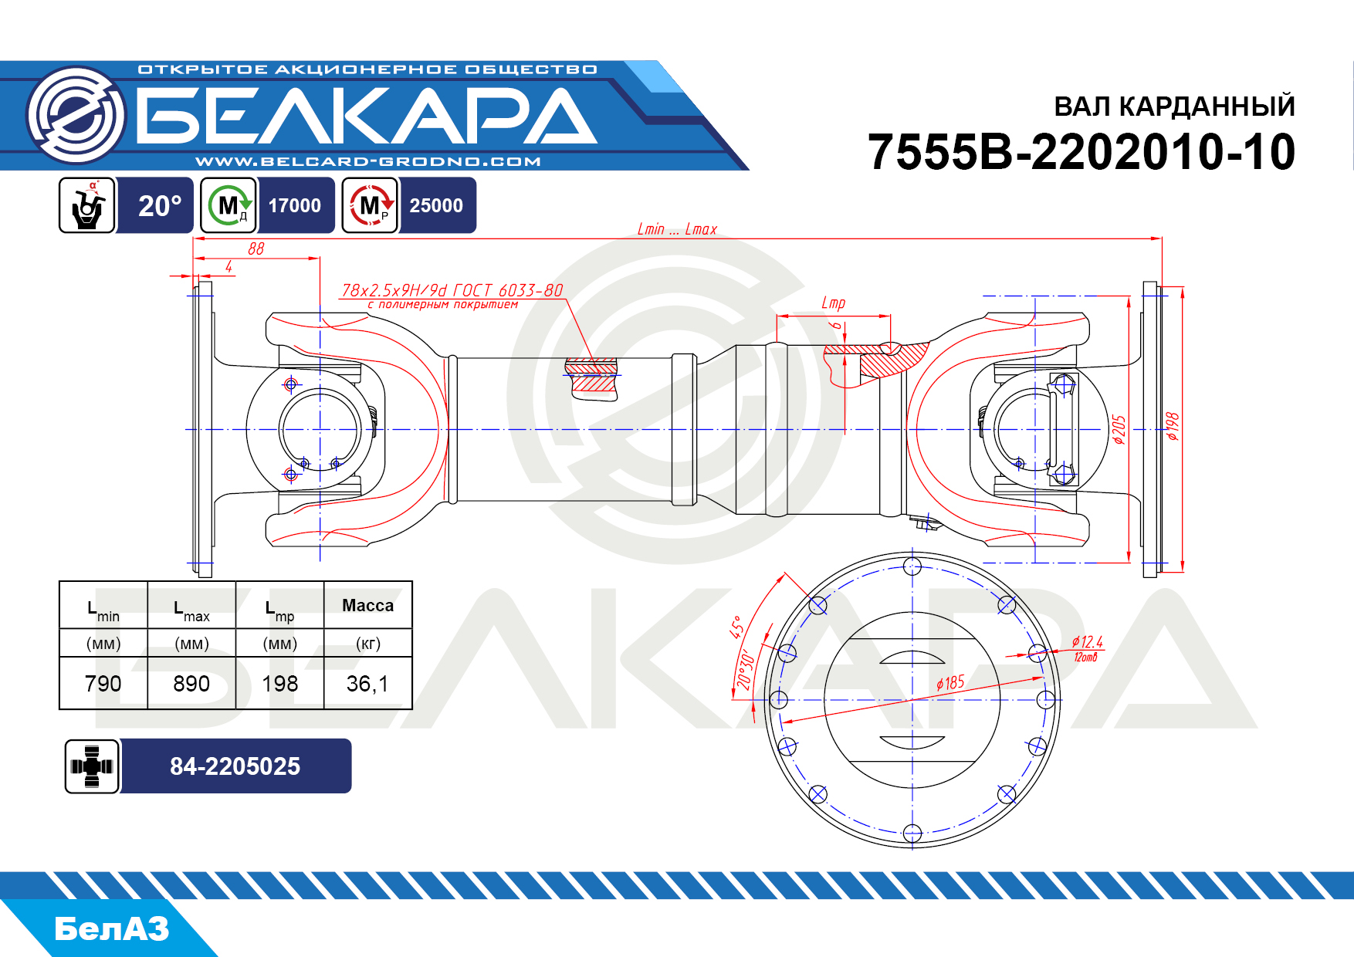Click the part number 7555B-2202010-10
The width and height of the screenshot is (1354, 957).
point(1082,151)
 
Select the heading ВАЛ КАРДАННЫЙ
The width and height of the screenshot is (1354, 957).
point(1174,107)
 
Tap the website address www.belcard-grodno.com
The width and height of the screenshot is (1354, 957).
point(368,161)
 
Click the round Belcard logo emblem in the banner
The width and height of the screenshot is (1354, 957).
point(76,116)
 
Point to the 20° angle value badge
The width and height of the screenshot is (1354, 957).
point(160,205)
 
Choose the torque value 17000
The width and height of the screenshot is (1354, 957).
point(295,205)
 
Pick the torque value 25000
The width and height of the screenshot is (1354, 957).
point(436,205)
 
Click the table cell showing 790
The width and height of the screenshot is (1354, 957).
point(103,683)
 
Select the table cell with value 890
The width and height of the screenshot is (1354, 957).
point(191,683)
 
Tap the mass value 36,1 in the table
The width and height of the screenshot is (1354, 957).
point(367,683)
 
